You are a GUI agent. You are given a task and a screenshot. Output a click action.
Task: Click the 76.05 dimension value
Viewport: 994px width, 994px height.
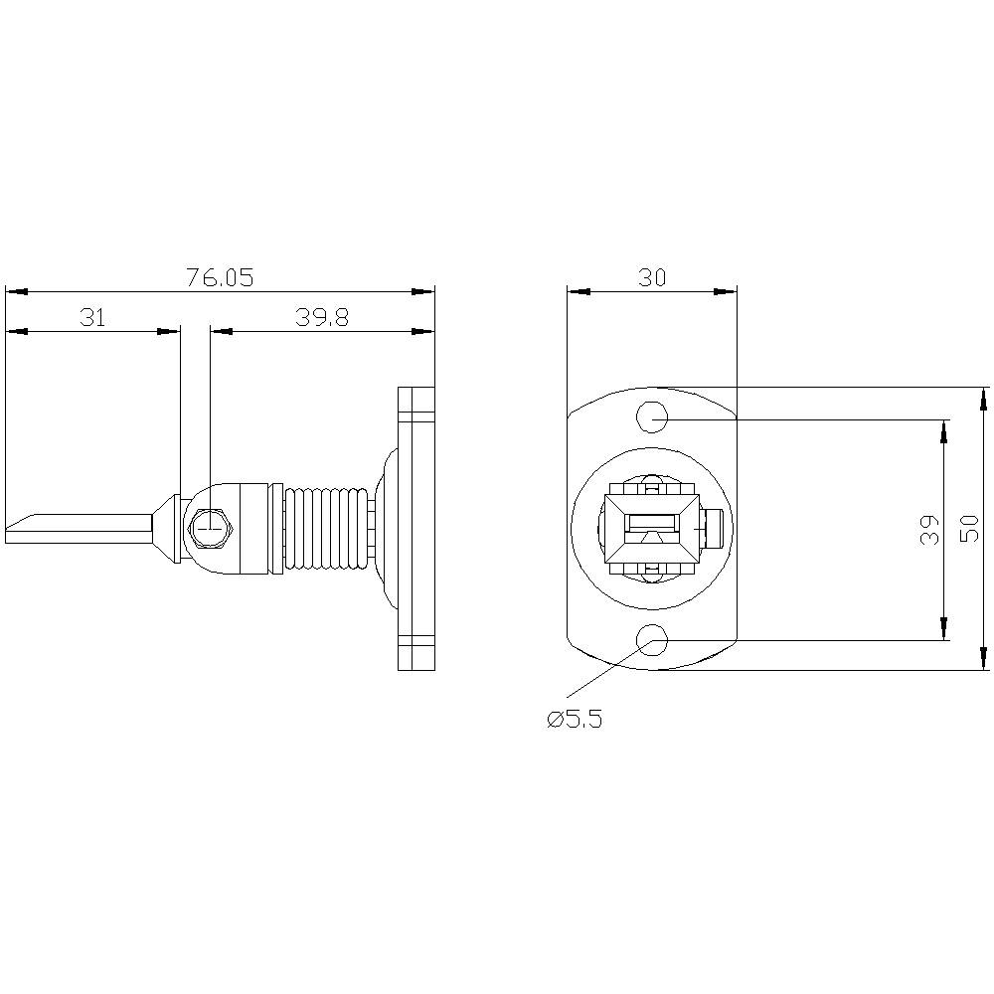pyautogui.click(x=220, y=278)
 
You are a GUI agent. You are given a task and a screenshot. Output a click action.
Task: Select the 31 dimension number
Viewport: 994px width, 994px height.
pyautogui.click(x=92, y=317)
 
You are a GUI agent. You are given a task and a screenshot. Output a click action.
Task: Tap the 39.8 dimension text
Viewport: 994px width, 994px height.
pyautogui.click(x=321, y=317)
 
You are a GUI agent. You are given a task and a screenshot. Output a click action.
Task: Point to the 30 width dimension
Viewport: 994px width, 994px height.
pyautogui.click(x=652, y=278)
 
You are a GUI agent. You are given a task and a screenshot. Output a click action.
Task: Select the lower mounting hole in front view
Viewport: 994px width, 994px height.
pyautogui.click(x=653, y=641)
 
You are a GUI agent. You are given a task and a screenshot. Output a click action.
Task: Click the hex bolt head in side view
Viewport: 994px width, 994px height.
pyautogui.click(x=210, y=529)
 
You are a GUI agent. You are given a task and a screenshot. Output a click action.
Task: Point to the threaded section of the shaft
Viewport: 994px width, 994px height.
pyautogui.click(x=326, y=528)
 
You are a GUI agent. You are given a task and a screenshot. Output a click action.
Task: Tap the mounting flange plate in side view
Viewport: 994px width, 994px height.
pyautogui.click(x=416, y=528)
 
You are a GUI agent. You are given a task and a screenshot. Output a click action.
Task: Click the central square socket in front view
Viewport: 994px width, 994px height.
pyautogui.click(x=652, y=529)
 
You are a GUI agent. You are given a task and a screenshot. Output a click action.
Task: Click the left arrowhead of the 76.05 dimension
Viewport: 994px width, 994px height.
pyautogui.click(x=14, y=291)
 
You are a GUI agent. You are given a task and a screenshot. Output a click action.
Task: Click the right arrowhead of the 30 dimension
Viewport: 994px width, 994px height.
pyautogui.click(x=728, y=291)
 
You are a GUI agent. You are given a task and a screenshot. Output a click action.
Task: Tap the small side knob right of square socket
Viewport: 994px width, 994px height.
pyautogui.click(x=714, y=529)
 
